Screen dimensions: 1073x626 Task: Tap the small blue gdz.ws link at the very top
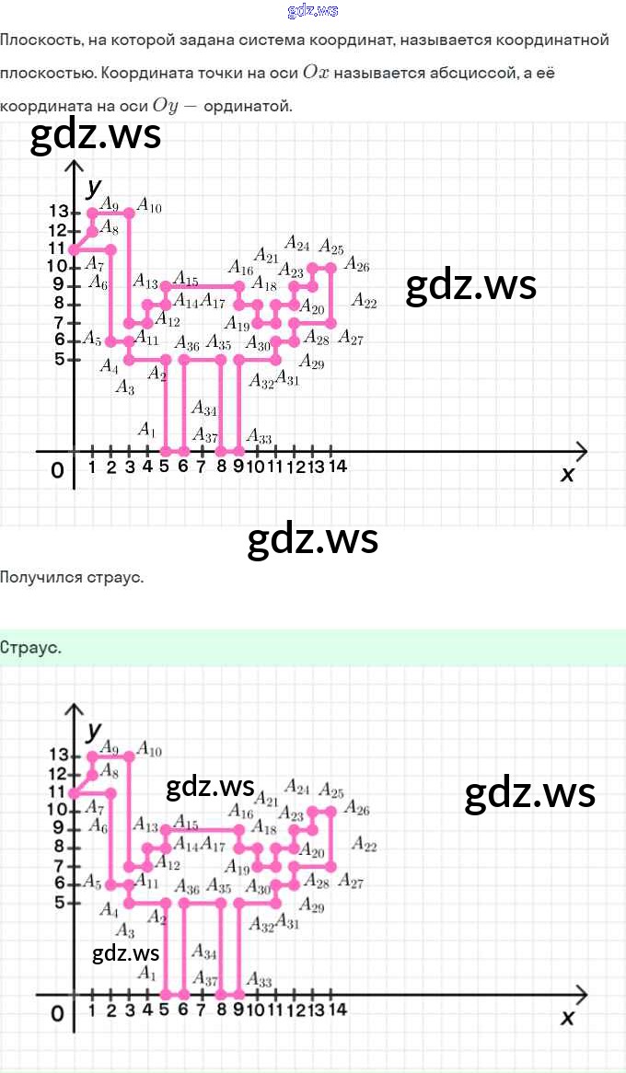click(x=313, y=10)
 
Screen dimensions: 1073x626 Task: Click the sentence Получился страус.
click(x=72, y=578)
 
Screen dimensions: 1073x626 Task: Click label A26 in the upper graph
click(x=356, y=267)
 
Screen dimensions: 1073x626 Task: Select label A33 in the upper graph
click(x=259, y=438)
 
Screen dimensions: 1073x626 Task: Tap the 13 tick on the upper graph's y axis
click(x=60, y=213)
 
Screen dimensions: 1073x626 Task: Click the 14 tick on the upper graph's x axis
click(x=337, y=467)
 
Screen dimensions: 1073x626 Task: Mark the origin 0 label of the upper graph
click(x=57, y=471)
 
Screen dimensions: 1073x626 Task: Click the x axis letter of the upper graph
click(x=567, y=474)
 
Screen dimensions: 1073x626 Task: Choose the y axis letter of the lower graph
click(x=93, y=732)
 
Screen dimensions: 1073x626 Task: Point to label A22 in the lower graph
click(x=364, y=846)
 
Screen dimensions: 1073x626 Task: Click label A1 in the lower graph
click(x=146, y=972)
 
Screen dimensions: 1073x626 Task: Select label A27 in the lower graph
click(x=350, y=882)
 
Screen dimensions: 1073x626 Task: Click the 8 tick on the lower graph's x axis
click(x=221, y=1010)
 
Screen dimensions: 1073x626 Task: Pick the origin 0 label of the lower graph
click(x=57, y=1014)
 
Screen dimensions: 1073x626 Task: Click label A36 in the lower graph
click(x=187, y=888)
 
